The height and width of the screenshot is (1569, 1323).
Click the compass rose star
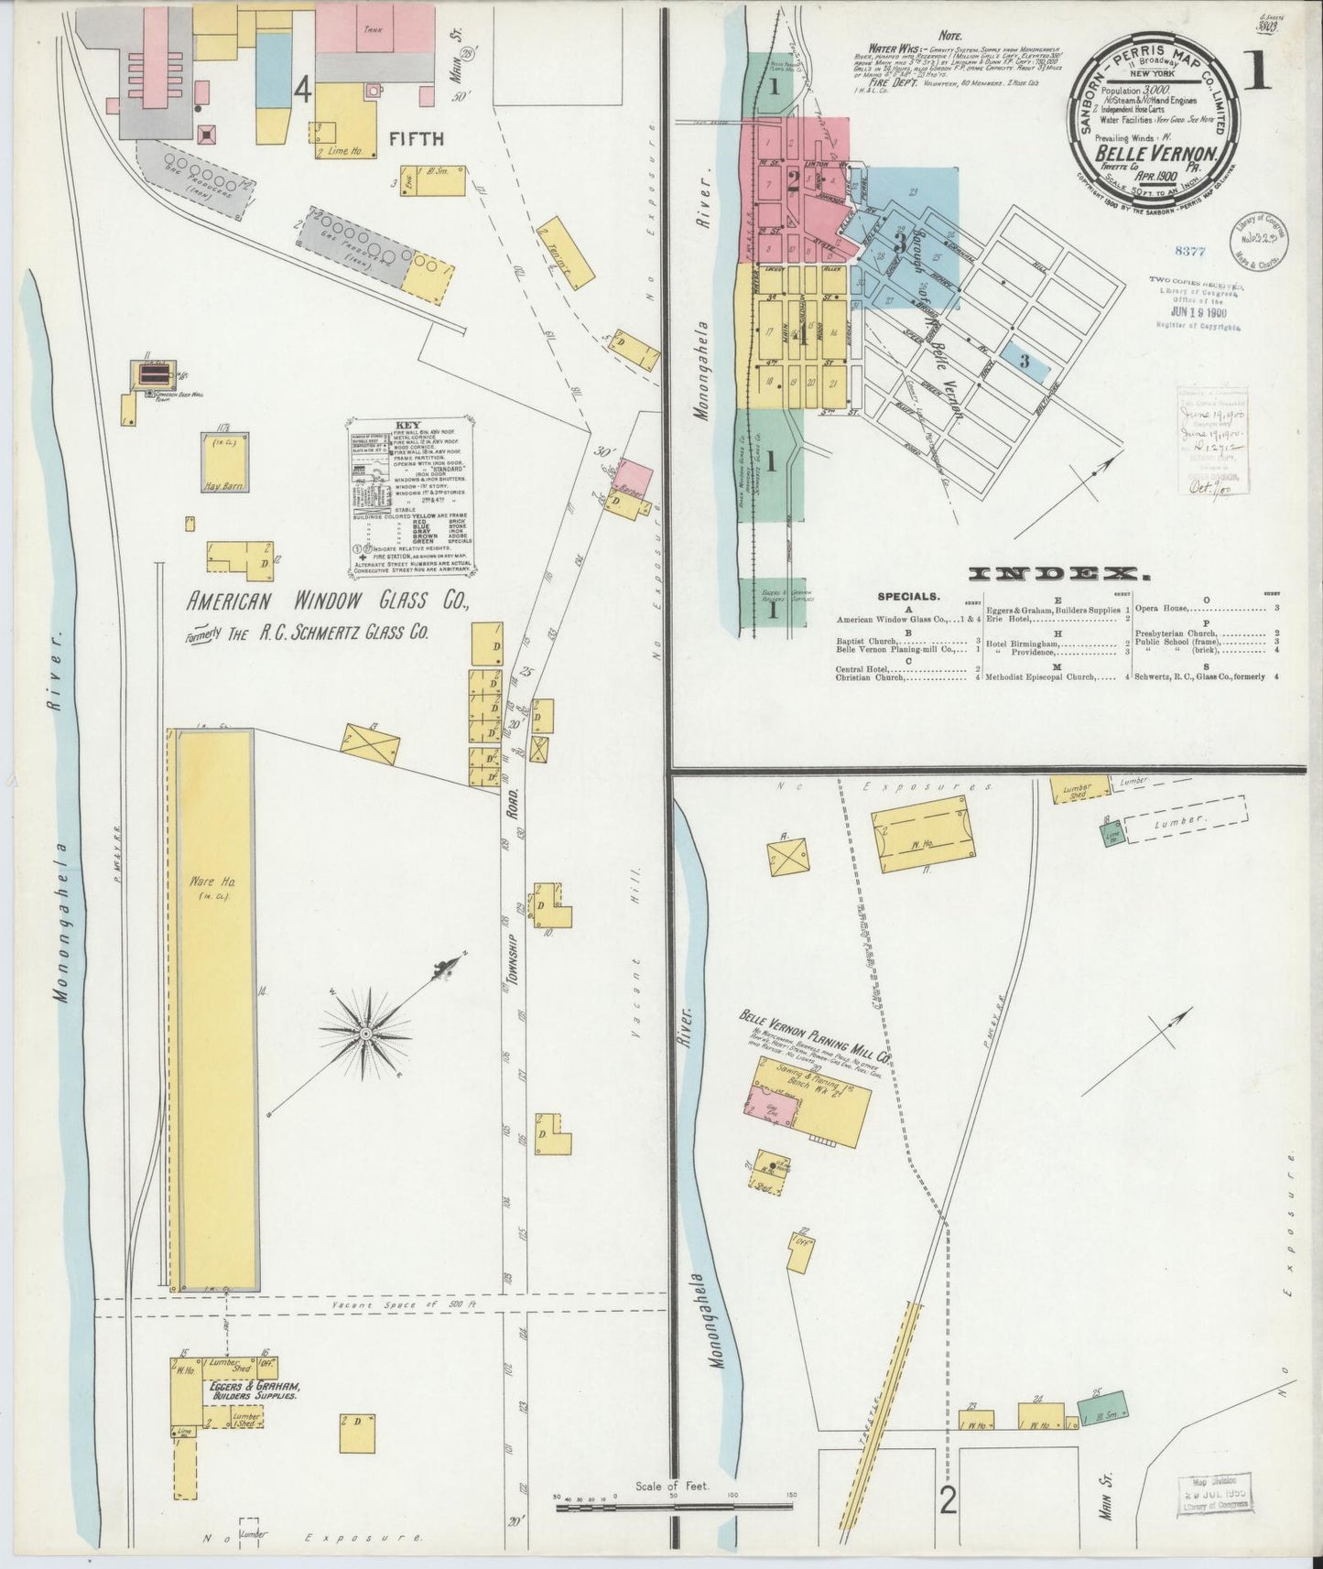pyautogui.click(x=364, y=1033)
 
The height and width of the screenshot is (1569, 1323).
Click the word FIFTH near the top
pyautogui.click(x=417, y=139)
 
